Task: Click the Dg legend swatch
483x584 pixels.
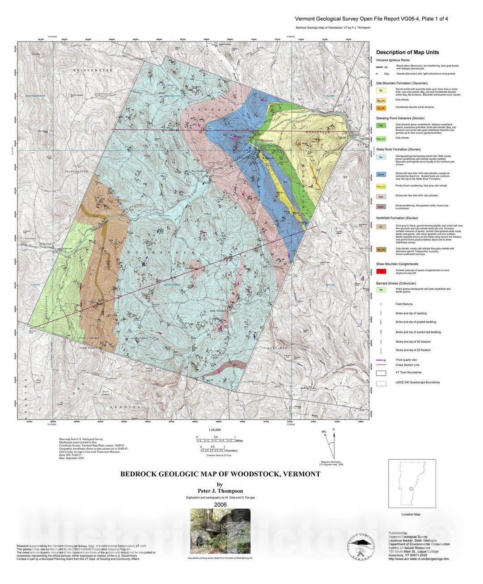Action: click(x=381, y=90)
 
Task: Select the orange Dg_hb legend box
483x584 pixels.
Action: click(x=381, y=108)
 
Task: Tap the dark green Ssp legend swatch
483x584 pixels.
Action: click(x=381, y=126)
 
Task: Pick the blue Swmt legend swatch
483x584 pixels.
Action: click(x=381, y=175)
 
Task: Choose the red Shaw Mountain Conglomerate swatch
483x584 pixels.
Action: click(x=381, y=271)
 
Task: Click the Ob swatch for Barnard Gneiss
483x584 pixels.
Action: click(x=381, y=290)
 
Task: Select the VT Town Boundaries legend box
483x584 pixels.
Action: click(x=381, y=373)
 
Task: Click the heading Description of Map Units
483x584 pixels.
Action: click(x=407, y=52)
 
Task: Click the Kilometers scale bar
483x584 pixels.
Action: click(x=212, y=450)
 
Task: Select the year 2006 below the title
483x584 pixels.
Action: click(x=220, y=504)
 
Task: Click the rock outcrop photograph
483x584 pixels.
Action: click(x=220, y=531)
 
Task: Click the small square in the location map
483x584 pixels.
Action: click(x=411, y=489)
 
